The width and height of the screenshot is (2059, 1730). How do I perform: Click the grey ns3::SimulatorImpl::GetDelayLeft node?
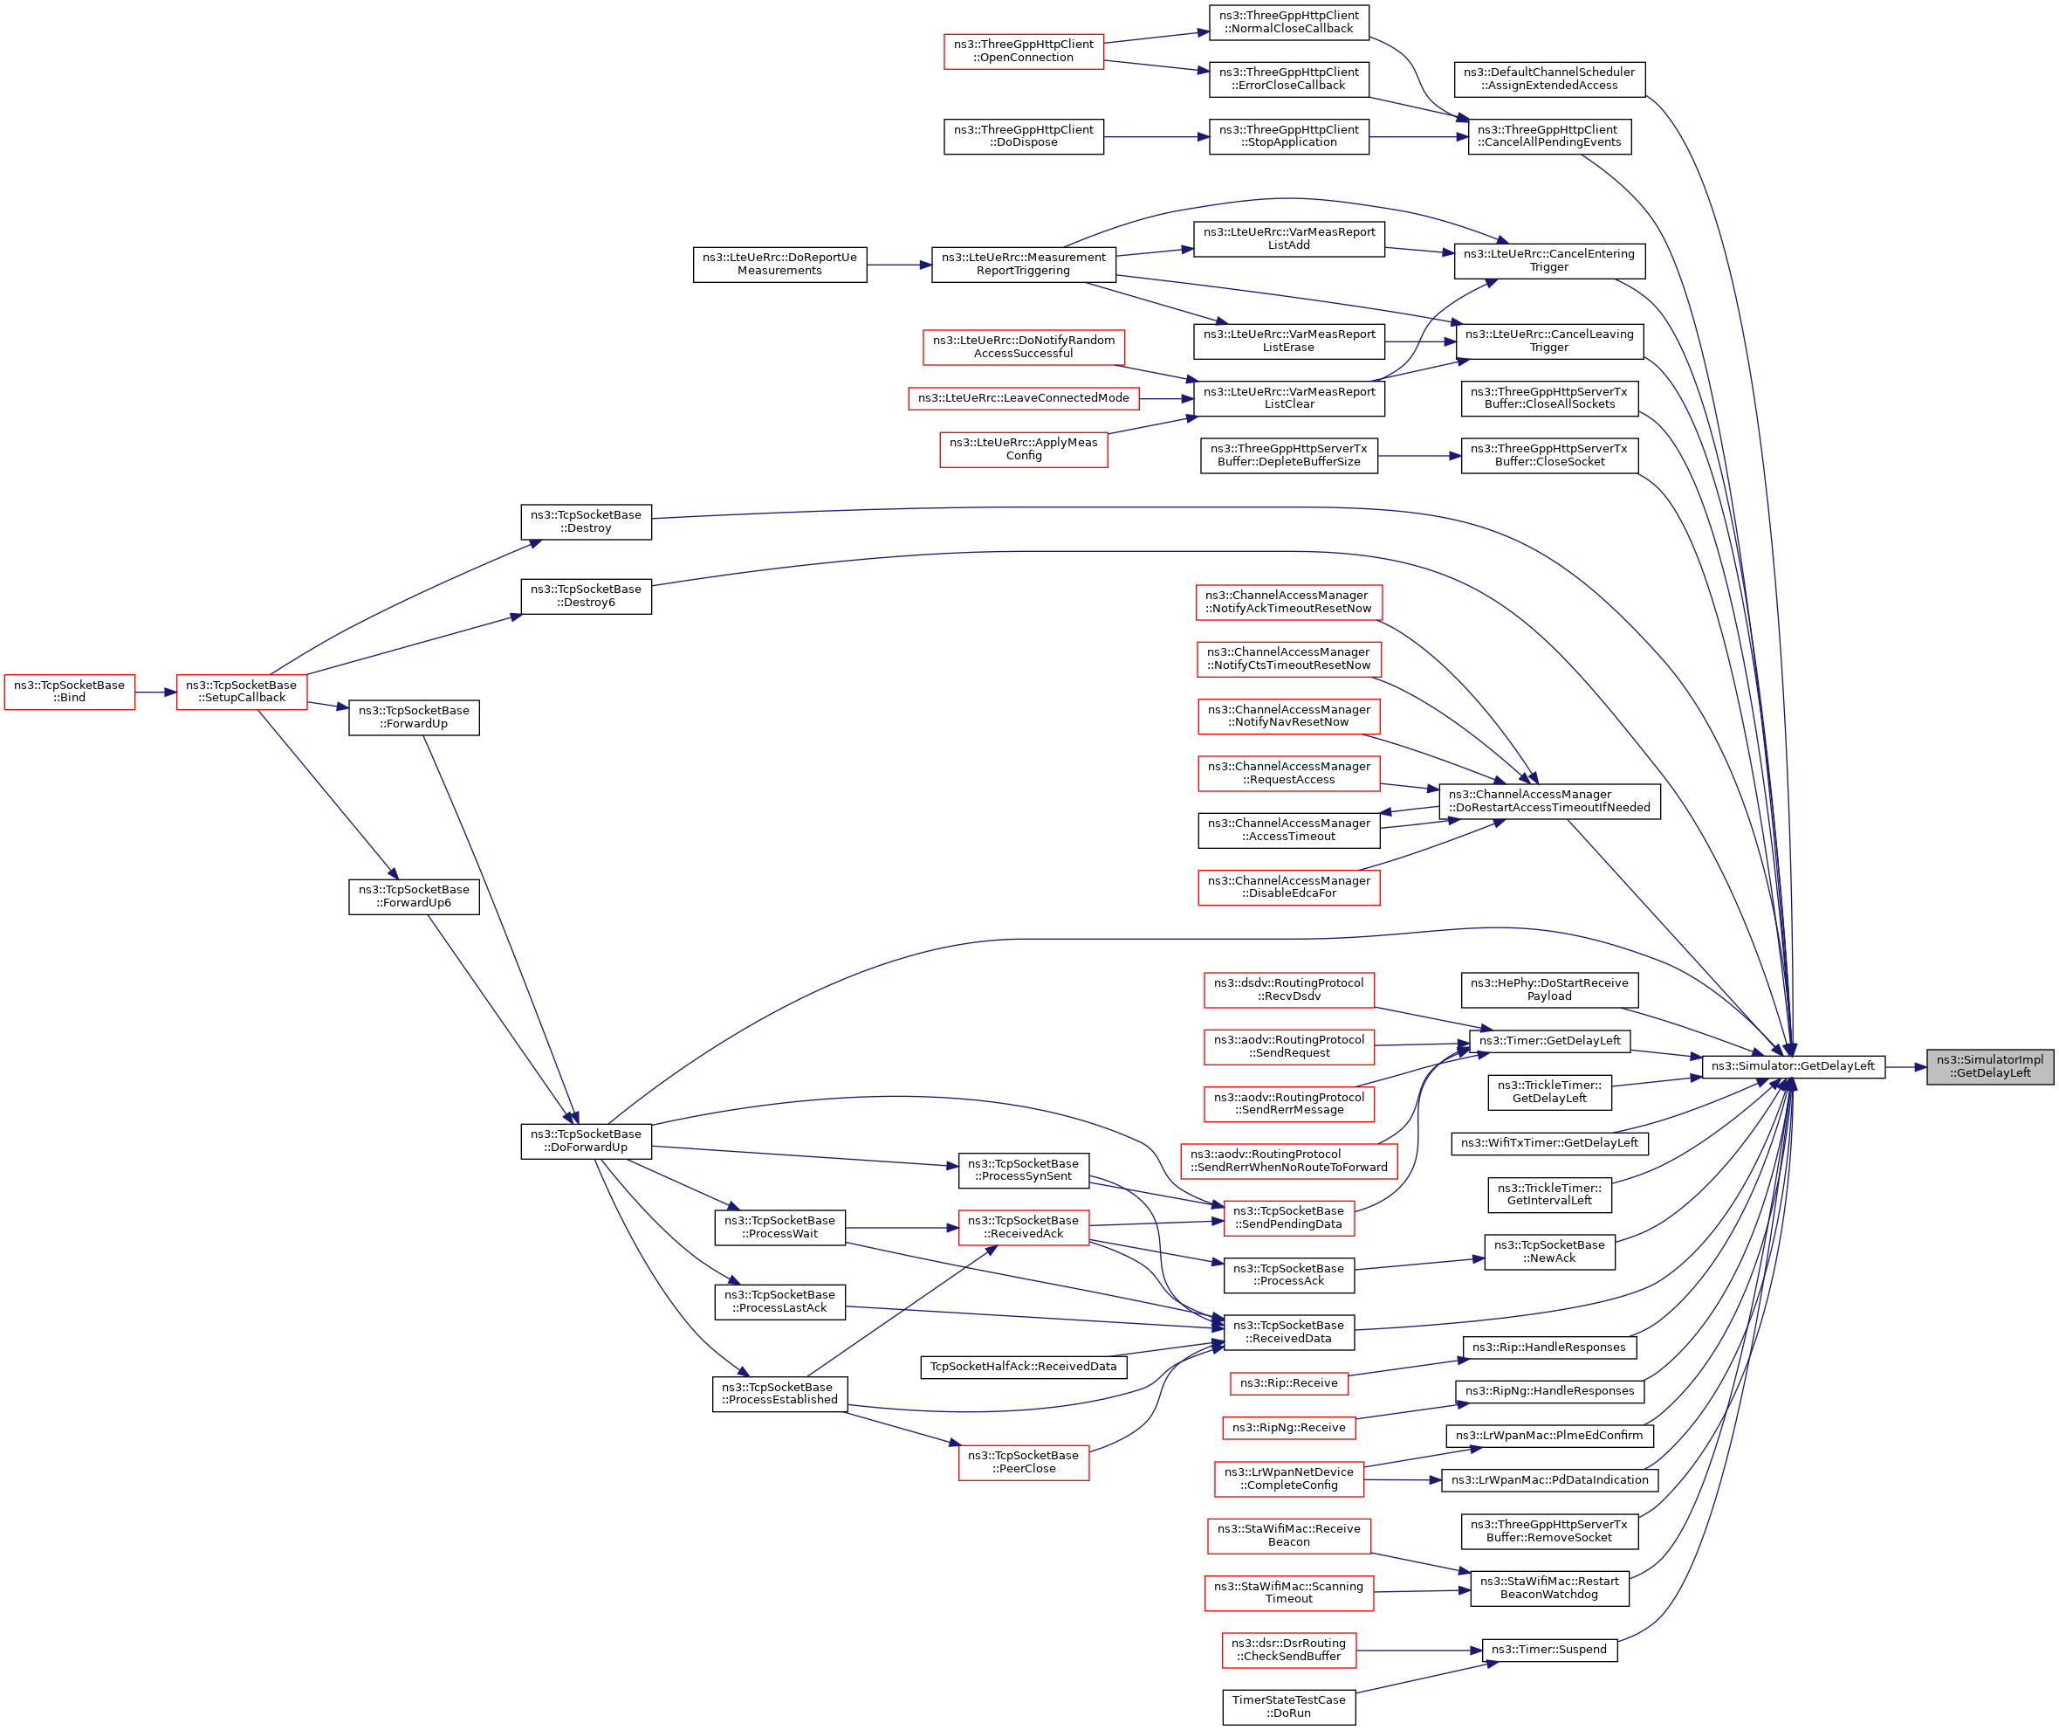point(1989,1067)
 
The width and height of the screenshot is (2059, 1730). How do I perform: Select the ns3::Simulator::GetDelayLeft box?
point(1792,1067)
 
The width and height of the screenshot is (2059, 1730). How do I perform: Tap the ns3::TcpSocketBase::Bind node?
point(70,693)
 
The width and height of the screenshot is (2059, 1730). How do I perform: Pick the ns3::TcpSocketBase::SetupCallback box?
point(241,693)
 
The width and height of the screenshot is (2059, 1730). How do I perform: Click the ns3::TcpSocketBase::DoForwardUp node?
point(586,1141)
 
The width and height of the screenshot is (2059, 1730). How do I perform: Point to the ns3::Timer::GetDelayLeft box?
point(1549,1042)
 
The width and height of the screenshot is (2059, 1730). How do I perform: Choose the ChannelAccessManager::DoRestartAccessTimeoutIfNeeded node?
point(1549,802)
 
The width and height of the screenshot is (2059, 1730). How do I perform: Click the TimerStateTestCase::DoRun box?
point(1288,1707)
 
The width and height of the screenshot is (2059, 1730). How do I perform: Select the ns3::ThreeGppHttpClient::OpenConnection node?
point(1024,51)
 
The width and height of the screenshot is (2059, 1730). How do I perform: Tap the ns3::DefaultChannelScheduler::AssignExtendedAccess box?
point(1549,79)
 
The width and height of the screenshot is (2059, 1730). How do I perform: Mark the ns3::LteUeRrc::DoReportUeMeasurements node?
point(779,265)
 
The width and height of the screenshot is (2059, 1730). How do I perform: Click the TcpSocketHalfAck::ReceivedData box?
point(1024,1367)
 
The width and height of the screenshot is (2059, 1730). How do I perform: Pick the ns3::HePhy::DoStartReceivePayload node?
point(1549,990)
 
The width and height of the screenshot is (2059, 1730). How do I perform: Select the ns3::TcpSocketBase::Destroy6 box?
point(586,596)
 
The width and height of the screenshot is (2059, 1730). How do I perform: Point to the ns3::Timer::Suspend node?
point(1549,1651)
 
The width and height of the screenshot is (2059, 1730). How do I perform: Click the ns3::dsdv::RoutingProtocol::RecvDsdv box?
point(1288,990)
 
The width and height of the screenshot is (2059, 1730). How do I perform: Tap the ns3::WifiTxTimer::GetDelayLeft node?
point(1549,1143)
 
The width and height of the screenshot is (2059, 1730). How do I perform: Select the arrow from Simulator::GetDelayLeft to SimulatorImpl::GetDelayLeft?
point(1905,1067)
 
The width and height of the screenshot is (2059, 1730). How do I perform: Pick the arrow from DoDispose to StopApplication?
point(1157,137)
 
